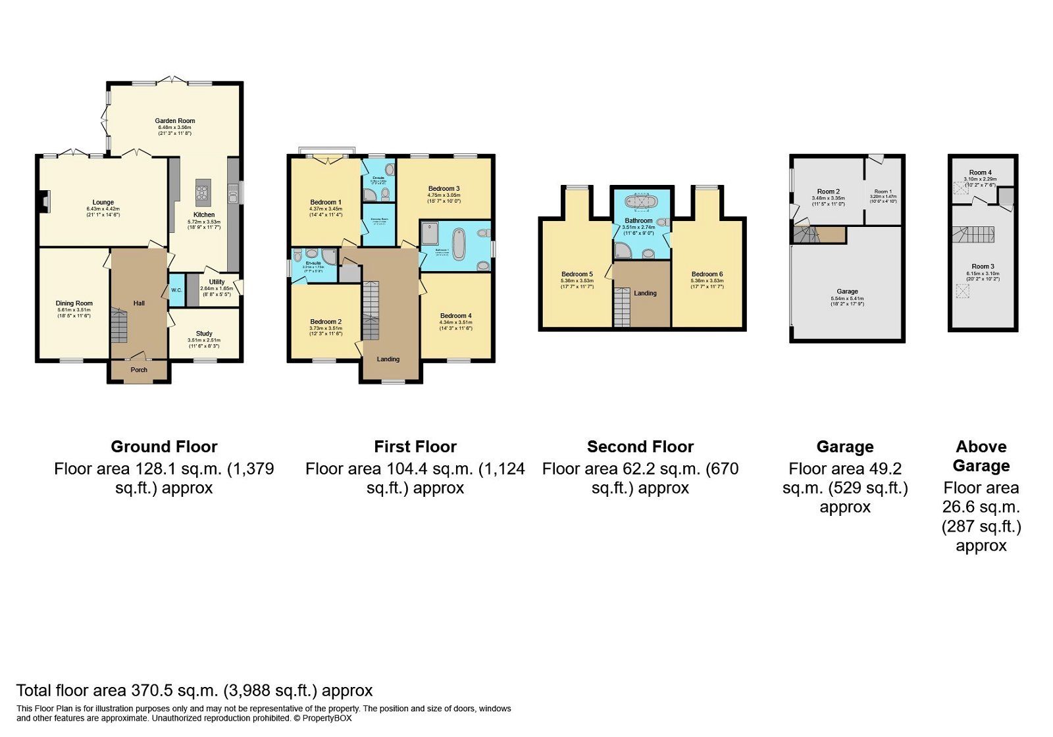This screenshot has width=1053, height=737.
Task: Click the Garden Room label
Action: (x=175, y=121)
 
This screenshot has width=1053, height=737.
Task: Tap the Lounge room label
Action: (x=103, y=203)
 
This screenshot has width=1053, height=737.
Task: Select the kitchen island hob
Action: (x=203, y=193)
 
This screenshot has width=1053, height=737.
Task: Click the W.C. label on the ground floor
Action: (x=177, y=290)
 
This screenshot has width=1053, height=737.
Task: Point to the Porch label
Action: (x=139, y=370)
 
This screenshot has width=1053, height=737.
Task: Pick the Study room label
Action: (x=204, y=334)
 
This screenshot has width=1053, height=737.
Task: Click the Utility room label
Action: (x=217, y=282)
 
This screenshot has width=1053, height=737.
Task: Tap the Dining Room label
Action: (x=74, y=303)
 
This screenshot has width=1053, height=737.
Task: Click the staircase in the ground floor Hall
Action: (x=118, y=326)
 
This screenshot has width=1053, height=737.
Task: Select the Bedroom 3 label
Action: (x=444, y=189)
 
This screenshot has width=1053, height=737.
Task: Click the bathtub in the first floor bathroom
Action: (x=459, y=244)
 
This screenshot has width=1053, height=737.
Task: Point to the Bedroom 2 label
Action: (x=326, y=322)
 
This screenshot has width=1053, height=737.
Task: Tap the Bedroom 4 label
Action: (x=455, y=316)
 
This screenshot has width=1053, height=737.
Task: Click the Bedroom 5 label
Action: (x=577, y=274)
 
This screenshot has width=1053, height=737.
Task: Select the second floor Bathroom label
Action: (x=638, y=221)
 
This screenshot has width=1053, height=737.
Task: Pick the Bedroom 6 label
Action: (x=707, y=274)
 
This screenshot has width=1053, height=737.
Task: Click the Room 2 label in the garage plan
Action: (x=828, y=191)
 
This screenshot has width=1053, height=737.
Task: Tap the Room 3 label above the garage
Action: (x=983, y=267)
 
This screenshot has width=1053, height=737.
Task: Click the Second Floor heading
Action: (x=640, y=447)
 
